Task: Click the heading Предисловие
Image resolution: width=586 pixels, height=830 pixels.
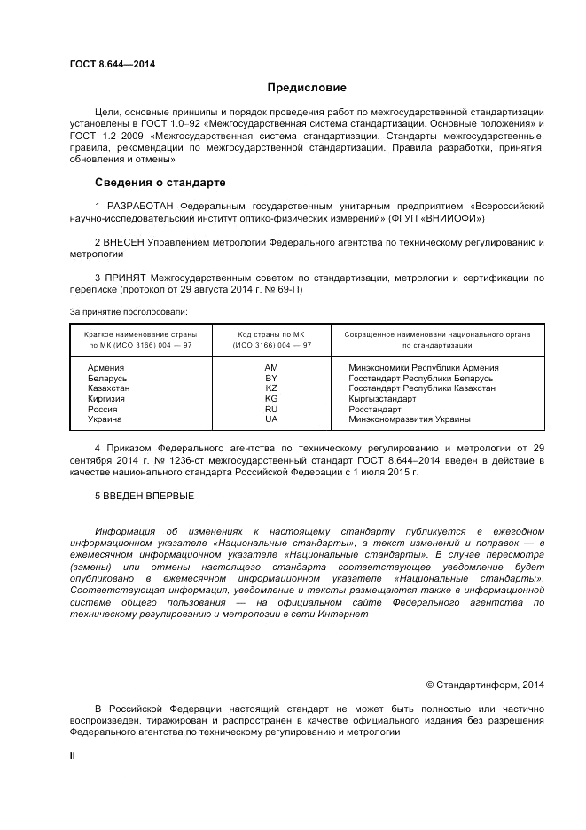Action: (307, 88)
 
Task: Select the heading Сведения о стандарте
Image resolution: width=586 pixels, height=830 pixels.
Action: (160, 183)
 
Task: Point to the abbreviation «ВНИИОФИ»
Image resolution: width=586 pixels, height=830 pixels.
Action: (454, 217)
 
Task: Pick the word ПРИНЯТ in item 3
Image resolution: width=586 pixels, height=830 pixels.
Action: (127, 277)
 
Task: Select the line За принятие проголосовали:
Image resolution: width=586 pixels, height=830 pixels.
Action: (129, 311)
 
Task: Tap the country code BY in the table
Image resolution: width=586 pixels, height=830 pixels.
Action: (271, 378)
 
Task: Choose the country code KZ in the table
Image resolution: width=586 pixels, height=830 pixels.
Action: (271, 388)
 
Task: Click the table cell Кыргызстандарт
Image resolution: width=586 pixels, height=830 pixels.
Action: (382, 399)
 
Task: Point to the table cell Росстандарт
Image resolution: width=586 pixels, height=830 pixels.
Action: (375, 409)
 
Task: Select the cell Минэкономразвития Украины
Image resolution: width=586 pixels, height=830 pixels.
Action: (410, 419)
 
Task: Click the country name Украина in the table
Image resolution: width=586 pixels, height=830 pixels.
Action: (105, 419)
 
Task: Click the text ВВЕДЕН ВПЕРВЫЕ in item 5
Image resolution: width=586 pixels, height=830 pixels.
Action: (149, 496)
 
